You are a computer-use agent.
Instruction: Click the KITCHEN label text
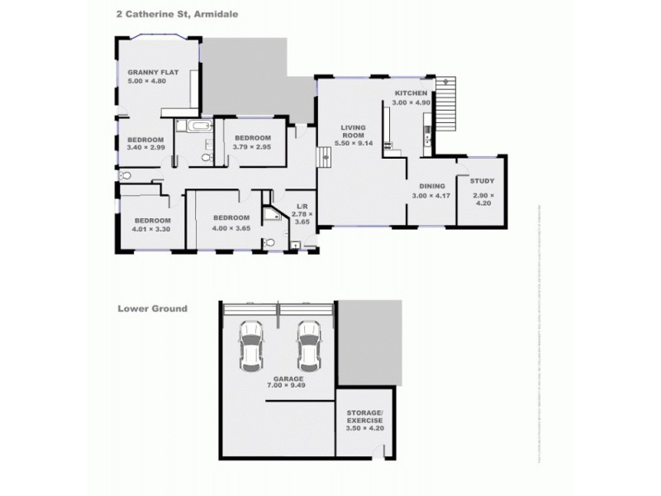pyautogui.click(x=411, y=93)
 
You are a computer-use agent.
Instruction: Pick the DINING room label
pyautogui.click(x=432, y=187)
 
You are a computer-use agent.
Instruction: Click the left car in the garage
pyautogui.click(x=250, y=346)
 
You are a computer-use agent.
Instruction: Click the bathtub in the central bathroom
pyautogui.click(x=200, y=126)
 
